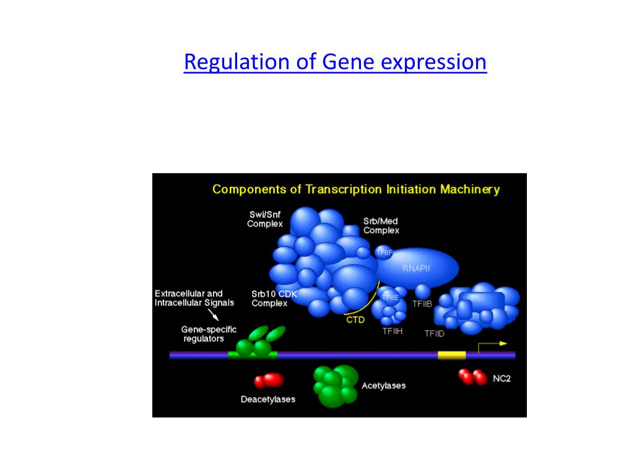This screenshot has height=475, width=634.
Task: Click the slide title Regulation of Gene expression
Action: [x=335, y=62]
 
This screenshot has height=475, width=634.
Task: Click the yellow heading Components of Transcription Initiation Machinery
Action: [x=355, y=189]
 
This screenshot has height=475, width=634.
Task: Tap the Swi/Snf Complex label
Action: [x=264, y=219]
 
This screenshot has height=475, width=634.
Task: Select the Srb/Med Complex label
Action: [x=381, y=225]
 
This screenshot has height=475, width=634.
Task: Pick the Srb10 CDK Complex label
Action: [x=273, y=299]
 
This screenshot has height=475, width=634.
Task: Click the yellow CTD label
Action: [x=355, y=320]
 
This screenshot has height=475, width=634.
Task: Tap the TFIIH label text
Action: [x=393, y=331]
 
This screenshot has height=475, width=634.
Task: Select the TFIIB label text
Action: [x=422, y=304]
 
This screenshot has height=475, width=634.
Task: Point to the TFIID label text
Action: [x=434, y=333]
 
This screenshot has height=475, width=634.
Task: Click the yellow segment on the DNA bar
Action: [x=451, y=355]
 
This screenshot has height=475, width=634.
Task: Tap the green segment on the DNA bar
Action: [x=253, y=355]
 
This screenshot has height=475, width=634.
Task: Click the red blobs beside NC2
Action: [x=472, y=377]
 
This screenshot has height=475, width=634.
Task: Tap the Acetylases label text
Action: [x=383, y=385]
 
